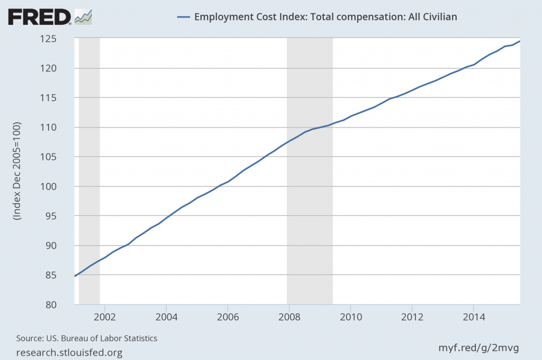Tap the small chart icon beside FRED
83,17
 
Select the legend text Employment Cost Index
326,16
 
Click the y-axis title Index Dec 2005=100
17,171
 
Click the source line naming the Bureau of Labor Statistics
87,338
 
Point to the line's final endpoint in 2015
520,41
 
